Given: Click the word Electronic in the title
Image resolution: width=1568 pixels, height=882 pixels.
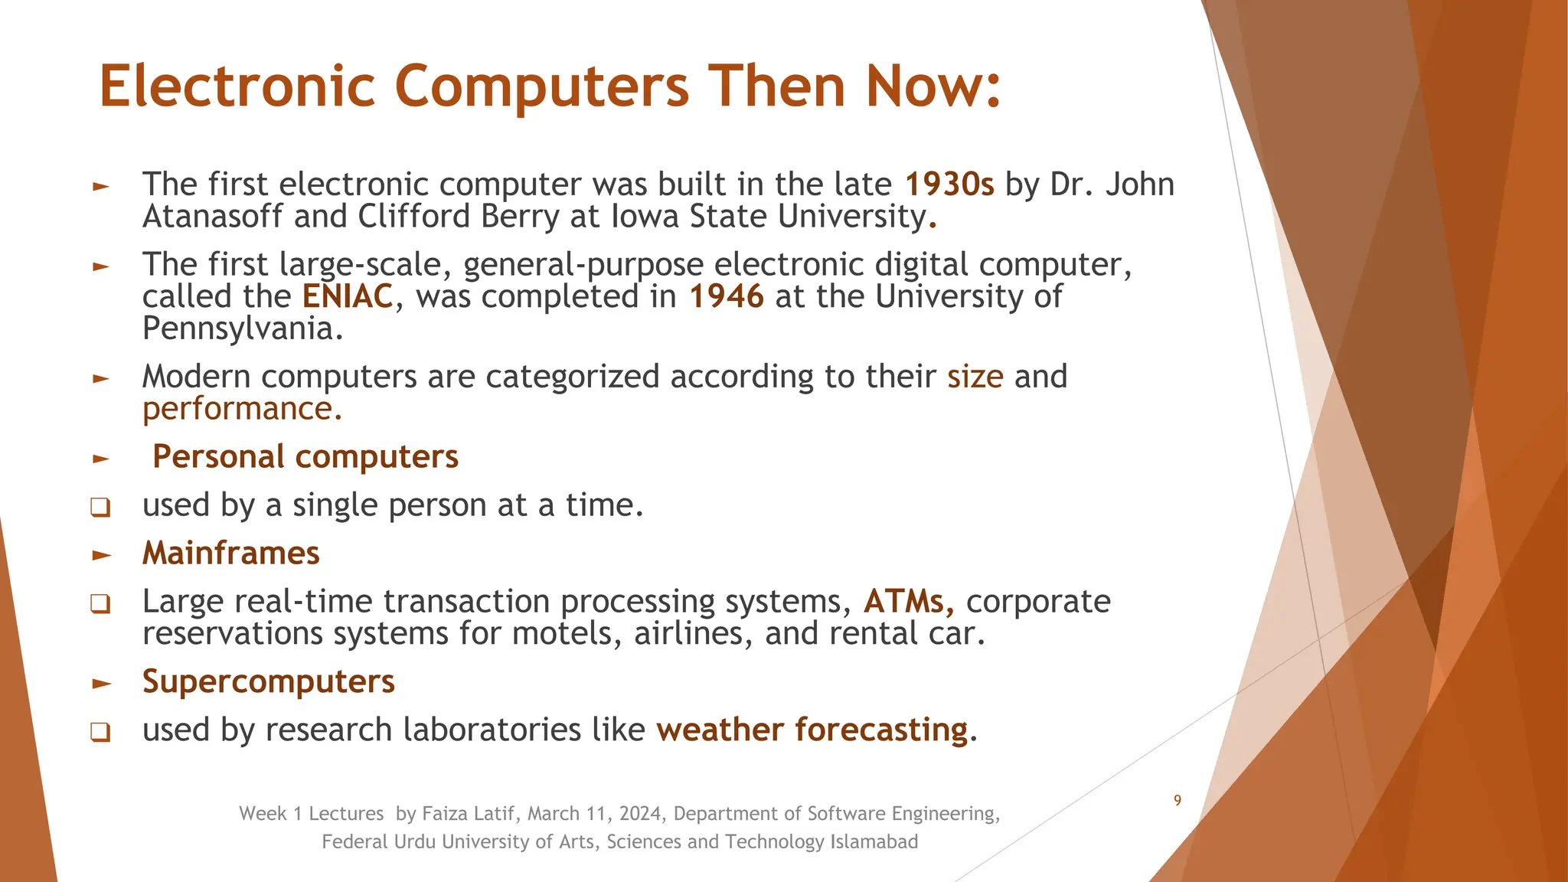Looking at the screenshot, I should coord(237,86).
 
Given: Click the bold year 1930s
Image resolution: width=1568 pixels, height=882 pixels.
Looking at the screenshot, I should coord(949,185).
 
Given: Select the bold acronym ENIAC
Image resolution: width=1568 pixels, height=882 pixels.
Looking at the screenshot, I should coord(348,296).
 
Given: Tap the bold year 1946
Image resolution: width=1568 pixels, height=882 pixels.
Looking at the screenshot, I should coord(726,296).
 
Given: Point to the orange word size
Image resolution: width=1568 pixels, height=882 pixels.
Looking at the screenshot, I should coord(975,377).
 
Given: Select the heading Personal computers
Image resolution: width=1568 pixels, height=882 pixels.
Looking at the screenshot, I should coord(305,456).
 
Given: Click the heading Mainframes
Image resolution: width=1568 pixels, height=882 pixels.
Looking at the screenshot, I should coord(230,553).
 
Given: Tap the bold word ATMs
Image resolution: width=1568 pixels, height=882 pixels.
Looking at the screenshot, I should coord(907,602).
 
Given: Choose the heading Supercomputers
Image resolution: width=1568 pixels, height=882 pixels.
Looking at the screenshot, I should coord(268,681).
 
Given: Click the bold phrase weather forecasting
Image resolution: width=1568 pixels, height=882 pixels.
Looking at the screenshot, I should coord(812,730).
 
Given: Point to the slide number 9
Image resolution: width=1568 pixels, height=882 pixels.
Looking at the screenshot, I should coord(1178,801).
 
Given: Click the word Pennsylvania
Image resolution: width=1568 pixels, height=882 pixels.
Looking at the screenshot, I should coord(239,329).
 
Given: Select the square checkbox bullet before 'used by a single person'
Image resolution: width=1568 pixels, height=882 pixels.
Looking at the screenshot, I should coord(100,508).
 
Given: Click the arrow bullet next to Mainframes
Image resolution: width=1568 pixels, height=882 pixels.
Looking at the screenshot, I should coord(101,555).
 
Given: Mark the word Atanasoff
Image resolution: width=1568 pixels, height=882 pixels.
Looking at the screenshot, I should coord(212,217).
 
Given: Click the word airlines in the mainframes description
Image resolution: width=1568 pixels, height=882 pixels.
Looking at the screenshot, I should coord(692,634).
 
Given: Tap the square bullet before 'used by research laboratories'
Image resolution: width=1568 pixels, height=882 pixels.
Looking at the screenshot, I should coord(100,732).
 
